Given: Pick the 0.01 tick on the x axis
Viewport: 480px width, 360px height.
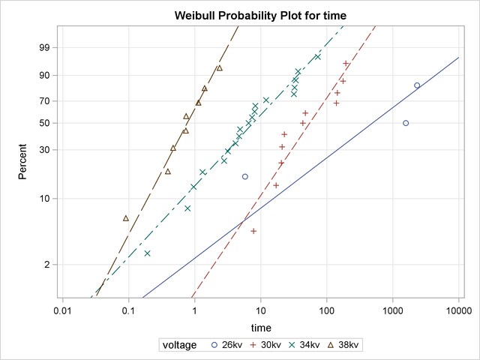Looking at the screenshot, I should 63,308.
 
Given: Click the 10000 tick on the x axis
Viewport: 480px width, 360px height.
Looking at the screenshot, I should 458,308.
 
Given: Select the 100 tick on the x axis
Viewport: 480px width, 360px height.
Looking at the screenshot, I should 326,308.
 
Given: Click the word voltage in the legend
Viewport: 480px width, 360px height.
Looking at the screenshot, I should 180,345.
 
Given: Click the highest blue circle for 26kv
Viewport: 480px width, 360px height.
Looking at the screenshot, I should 417,85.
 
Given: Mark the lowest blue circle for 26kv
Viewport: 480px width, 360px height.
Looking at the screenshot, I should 244,176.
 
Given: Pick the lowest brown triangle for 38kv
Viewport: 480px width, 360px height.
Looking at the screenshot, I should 126,218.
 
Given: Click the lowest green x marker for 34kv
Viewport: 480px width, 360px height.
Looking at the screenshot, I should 147,253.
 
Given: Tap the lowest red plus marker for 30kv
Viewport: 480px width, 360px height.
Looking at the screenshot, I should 253,231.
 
